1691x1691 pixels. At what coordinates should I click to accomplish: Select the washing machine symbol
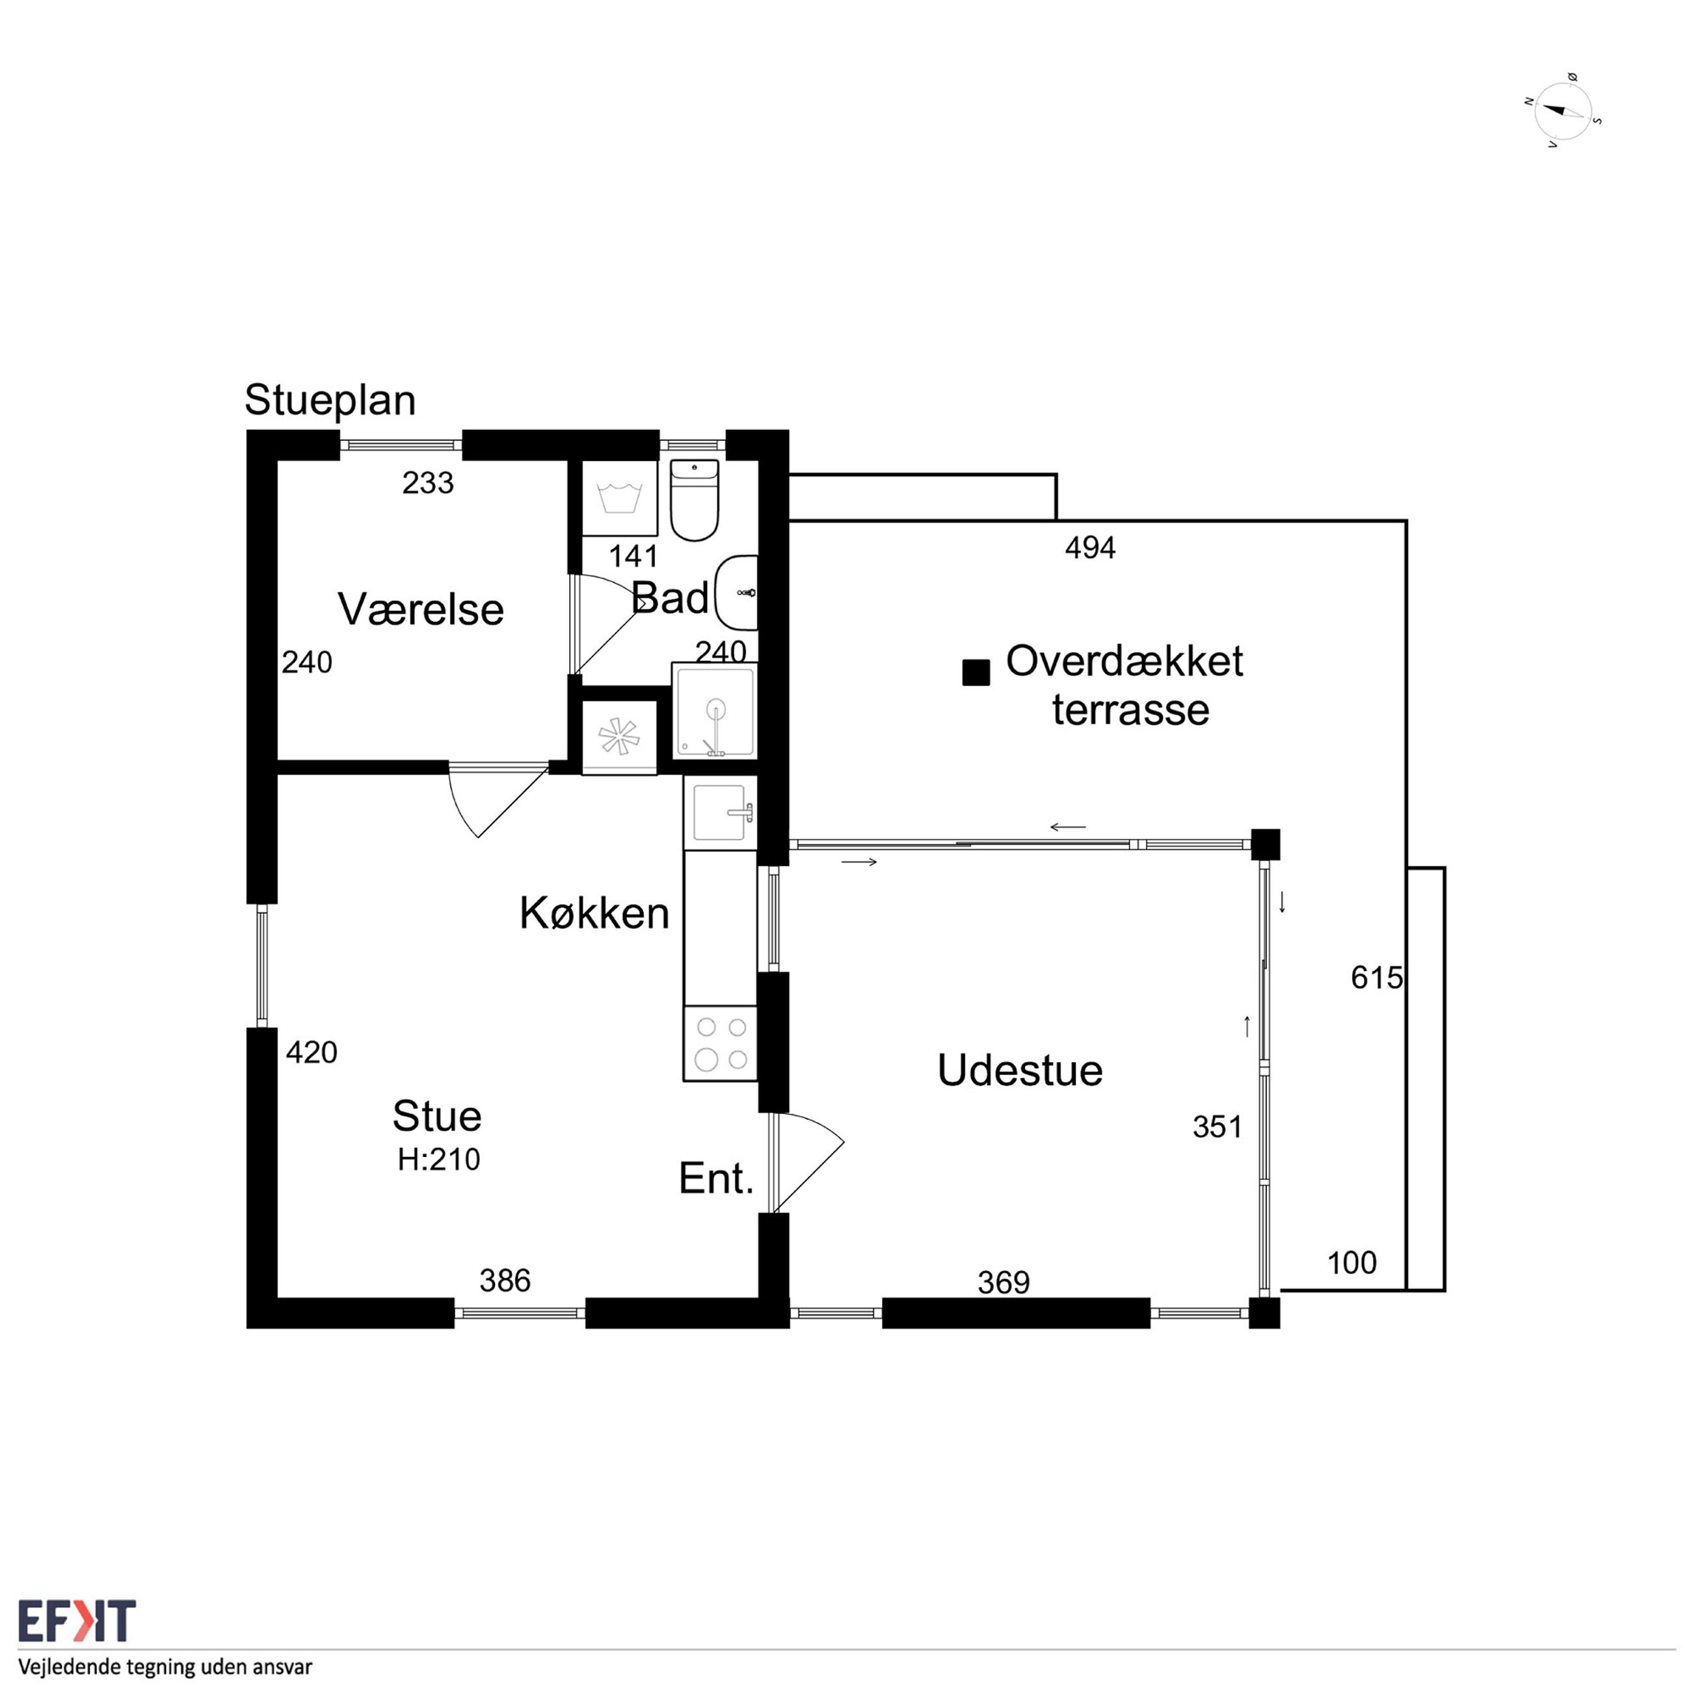coord(620,498)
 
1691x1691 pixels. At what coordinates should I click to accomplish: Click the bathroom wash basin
coord(737,593)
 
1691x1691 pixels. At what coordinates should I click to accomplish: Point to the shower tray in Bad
coord(714,710)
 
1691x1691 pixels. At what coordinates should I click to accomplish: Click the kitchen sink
coord(721,813)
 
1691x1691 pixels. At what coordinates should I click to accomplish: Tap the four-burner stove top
coord(721,1044)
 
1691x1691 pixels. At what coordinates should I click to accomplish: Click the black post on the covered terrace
coord(976,672)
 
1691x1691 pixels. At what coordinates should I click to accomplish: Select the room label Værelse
coord(421,609)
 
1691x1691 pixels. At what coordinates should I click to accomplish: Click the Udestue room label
coord(1020,1070)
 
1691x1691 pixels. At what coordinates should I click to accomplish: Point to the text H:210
coord(438,1160)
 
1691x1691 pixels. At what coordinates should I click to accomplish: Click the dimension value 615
coord(1377,978)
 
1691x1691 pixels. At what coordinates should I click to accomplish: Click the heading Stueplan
coord(330,400)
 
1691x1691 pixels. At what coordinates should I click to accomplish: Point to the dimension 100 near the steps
coord(1352,1263)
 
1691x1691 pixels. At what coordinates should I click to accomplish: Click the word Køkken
coord(594,913)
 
